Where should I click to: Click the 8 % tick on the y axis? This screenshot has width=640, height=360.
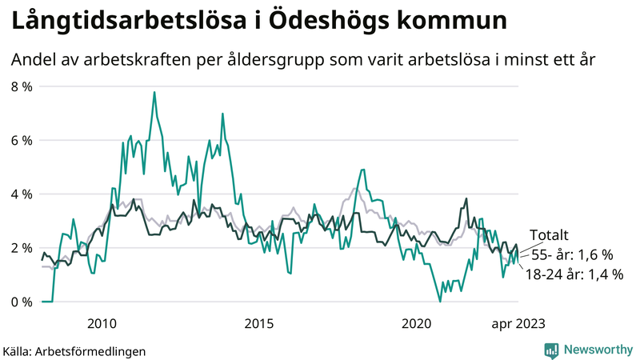[x=22, y=86]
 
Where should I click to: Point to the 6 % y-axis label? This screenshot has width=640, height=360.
[x=22, y=140]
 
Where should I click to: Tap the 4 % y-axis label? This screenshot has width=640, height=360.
[x=22, y=194]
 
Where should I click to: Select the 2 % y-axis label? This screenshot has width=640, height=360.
[x=22, y=248]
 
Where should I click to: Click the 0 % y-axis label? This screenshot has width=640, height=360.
[x=22, y=302]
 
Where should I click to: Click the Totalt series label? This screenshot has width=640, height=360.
[x=550, y=235]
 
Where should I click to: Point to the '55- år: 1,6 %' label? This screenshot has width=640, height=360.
[x=572, y=255]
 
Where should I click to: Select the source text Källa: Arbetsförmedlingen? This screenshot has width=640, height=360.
[x=74, y=350]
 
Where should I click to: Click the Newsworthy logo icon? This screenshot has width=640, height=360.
[x=551, y=350]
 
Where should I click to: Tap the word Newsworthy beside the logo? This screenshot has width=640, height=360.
[x=598, y=350]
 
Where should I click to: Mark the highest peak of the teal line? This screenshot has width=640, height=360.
[x=154, y=92]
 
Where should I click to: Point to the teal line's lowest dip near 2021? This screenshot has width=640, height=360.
[x=440, y=301]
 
